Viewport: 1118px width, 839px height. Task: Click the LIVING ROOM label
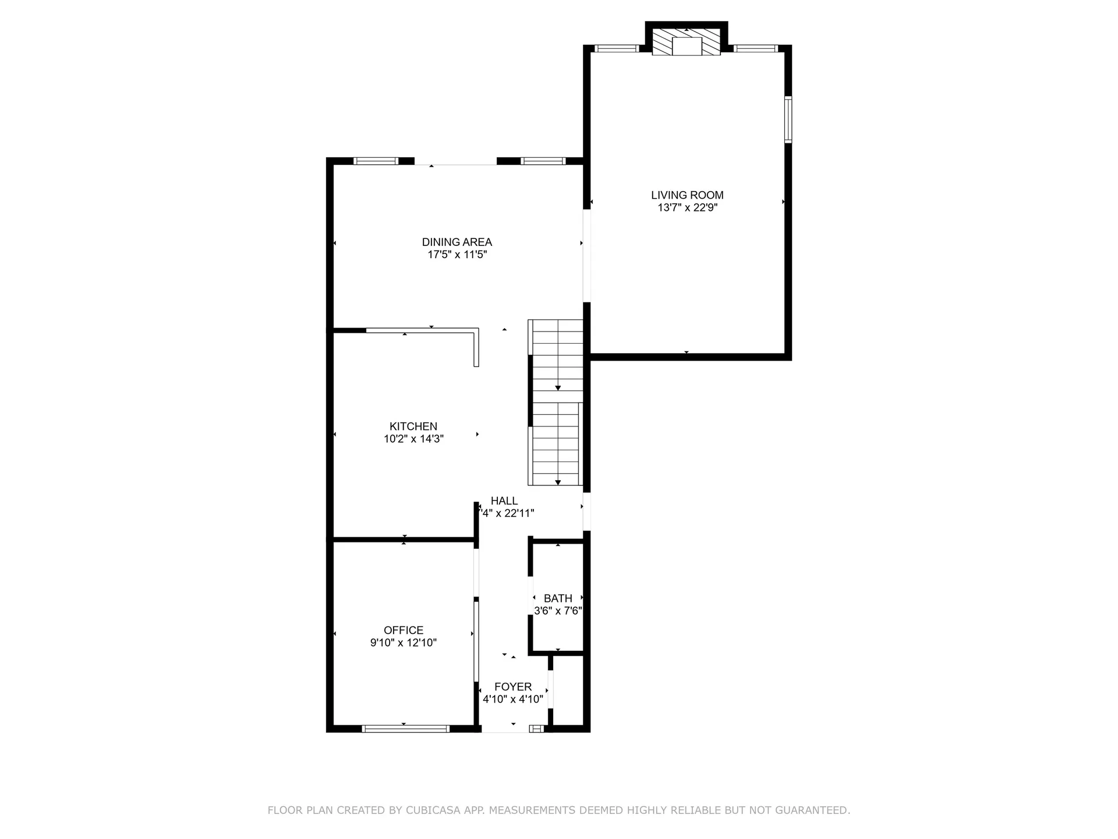[x=687, y=195]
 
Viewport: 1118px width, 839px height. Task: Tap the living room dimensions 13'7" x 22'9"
[x=687, y=208]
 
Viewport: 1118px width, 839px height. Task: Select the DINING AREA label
[x=457, y=242]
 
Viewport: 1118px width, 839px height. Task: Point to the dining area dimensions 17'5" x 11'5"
[x=457, y=255]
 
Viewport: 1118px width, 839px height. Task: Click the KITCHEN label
[x=413, y=426]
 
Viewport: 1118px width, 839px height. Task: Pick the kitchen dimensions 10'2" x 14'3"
[x=413, y=439]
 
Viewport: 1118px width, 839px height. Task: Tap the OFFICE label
[x=404, y=630]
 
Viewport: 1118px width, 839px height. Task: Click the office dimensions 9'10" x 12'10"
[x=404, y=643]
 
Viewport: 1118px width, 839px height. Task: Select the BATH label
[x=558, y=598]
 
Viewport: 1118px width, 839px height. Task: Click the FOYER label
[x=513, y=687]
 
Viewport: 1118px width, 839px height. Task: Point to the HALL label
[x=504, y=500]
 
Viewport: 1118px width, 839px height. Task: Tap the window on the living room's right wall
[x=788, y=119]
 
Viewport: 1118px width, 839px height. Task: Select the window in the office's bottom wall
[x=405, y=728]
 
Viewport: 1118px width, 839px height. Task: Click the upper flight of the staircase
[x=558, y=355]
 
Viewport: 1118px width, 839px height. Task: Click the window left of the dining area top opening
[x=376, y=161]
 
